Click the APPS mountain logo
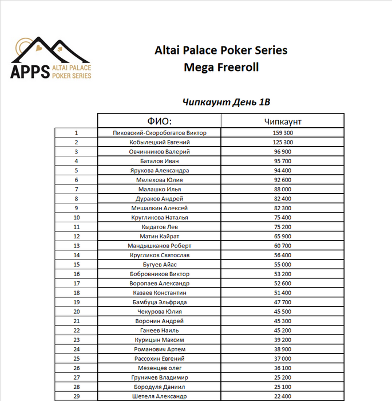coord(52,59)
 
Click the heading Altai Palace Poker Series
coord(221,50)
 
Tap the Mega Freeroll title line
coord(221,68)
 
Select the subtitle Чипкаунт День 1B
coord(226,102)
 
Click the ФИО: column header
coord(160,121)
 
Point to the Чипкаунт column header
coord(283,121)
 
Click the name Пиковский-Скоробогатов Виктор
coord(160,133)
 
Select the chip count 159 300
coord(283,133)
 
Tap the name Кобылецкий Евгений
coord(160,142)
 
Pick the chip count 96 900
coord(283,152)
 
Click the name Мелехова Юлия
coord(160,180)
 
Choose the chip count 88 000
coord(283,189)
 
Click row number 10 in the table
coord(76,218)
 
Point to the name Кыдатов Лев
coord(160,227)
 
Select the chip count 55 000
coord(283,265)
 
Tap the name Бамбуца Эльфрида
coord(160,302)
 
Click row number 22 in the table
coord(76,331)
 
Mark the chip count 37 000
coord(283,359)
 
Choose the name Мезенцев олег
coord(160,368)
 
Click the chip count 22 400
coord(283,396)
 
